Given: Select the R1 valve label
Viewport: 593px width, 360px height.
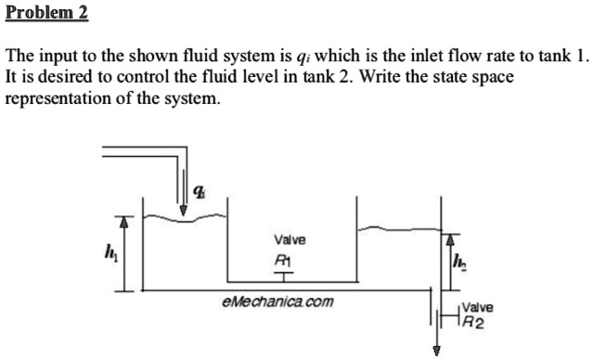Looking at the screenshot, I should [282, 260].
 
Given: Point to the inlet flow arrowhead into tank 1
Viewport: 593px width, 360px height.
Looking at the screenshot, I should [184, 210].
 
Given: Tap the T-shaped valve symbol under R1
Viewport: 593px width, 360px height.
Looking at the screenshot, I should [283, 275].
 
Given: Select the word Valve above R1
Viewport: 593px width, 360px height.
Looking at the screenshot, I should [284, 239].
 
